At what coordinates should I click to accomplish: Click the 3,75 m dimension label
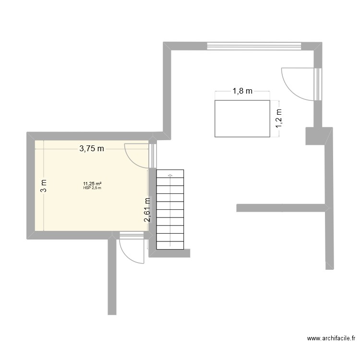[x=91, y=148]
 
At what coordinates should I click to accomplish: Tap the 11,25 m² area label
[x=92, y=183]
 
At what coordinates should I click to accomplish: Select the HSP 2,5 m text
[x=92, y=188]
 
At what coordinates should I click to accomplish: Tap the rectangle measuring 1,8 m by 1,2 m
[x=242, y=118]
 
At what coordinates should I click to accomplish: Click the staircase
[x=170, y=209]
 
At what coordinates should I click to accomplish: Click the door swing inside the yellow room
[x=137, y=156]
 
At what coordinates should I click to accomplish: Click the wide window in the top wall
[x=254, y=46]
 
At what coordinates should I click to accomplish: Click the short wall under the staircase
[x=170, y=253]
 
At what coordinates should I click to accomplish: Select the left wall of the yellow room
[x=30, y=186]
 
